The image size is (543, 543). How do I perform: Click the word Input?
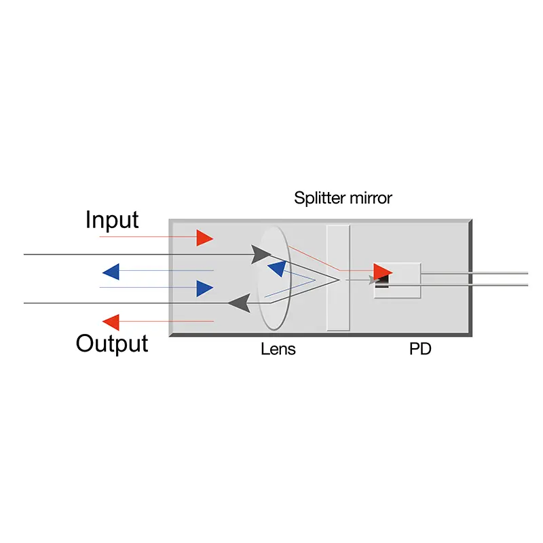(x=112, y=220)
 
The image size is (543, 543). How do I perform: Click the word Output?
(x=112, y=343)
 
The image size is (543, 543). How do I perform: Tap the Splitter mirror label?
(x=343, y=198)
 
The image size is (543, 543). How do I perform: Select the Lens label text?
(x=278, y=350)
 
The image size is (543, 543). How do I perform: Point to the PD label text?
(x=420, y=350)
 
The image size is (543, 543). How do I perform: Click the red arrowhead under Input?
(x=204, y=238)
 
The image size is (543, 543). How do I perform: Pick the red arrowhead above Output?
(x=111, y=322)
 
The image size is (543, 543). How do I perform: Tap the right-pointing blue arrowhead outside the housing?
(x=204, y=288)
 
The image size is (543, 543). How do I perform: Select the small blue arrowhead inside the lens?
(x=276, y=269)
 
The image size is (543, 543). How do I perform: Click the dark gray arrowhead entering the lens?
(x=261, y=255)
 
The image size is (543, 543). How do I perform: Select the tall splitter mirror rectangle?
(x=337, y=278)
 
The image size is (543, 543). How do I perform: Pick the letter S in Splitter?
(x=299, y=198)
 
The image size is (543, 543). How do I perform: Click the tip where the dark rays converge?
(x=339, y=279)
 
